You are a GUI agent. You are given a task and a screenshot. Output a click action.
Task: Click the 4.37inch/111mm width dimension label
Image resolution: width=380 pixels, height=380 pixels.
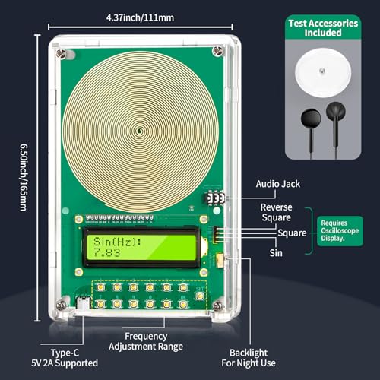tap(140, 17)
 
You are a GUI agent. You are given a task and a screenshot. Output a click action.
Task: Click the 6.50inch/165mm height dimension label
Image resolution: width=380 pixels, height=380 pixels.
tap(24, 177)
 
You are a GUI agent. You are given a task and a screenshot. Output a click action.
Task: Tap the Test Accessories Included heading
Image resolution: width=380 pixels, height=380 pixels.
tap(323, 28)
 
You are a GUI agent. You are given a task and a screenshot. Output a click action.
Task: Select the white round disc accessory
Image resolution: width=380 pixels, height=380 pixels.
tap(323, 72)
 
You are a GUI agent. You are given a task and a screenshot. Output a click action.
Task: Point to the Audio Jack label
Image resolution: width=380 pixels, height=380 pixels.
tap(278, 184)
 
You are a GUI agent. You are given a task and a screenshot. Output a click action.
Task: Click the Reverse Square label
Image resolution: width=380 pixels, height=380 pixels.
tap(277, 212)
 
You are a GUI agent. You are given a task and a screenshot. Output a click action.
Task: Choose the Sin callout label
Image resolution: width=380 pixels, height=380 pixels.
tap(276, 253)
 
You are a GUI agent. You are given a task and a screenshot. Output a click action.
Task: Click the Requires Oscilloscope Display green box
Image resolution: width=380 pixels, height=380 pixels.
tap(340, 231)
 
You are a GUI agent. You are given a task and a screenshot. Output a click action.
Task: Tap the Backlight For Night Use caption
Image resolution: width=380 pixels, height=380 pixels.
tap(249, 358)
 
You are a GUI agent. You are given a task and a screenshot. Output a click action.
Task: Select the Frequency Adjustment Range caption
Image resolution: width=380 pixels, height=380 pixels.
tap(146, 341)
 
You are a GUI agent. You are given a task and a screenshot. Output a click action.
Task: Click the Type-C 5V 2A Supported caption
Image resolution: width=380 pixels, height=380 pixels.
tap(65, 358)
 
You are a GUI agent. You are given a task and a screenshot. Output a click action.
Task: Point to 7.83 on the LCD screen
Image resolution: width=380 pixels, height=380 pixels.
tap(106, 252)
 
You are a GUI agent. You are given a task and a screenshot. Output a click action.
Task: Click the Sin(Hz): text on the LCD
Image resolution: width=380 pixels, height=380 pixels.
tap(117, 242)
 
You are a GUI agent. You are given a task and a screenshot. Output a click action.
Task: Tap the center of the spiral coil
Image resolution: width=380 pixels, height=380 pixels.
tap(140, 131)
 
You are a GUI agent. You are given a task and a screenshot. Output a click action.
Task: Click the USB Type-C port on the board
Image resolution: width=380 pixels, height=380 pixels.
tap(84, 302)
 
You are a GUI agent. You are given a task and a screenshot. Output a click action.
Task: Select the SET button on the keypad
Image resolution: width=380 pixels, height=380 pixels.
tap(200, 296)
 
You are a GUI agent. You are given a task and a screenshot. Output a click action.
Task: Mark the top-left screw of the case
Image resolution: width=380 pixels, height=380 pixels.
tap(61, 53)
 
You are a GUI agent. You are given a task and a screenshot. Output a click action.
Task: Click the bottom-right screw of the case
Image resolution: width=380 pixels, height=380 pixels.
tap(217, 306)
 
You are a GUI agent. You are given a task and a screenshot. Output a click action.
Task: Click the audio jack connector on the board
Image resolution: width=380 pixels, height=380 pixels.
tap(215, 198)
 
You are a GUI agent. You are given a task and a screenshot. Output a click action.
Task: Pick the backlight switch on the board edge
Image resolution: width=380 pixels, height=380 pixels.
tap(220, 260)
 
